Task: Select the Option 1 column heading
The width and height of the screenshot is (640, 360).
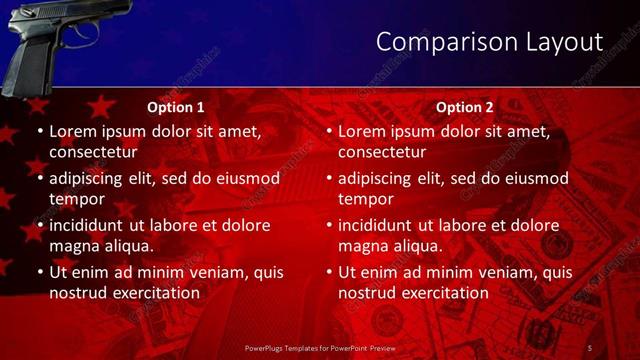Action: click(x=176, y=107)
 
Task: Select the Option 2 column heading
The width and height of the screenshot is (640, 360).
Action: click(x=465, y=107)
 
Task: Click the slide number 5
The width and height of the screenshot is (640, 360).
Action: click(x=590, y=347)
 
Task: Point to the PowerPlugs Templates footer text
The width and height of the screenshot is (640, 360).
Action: click(x=319, y=347)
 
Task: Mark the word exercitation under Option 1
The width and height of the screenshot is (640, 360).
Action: click(x=155, y=293)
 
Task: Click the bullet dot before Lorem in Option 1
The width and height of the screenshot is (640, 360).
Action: click(x=39, y=132)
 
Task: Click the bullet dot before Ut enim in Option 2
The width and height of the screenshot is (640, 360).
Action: click(x=328, y=273)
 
